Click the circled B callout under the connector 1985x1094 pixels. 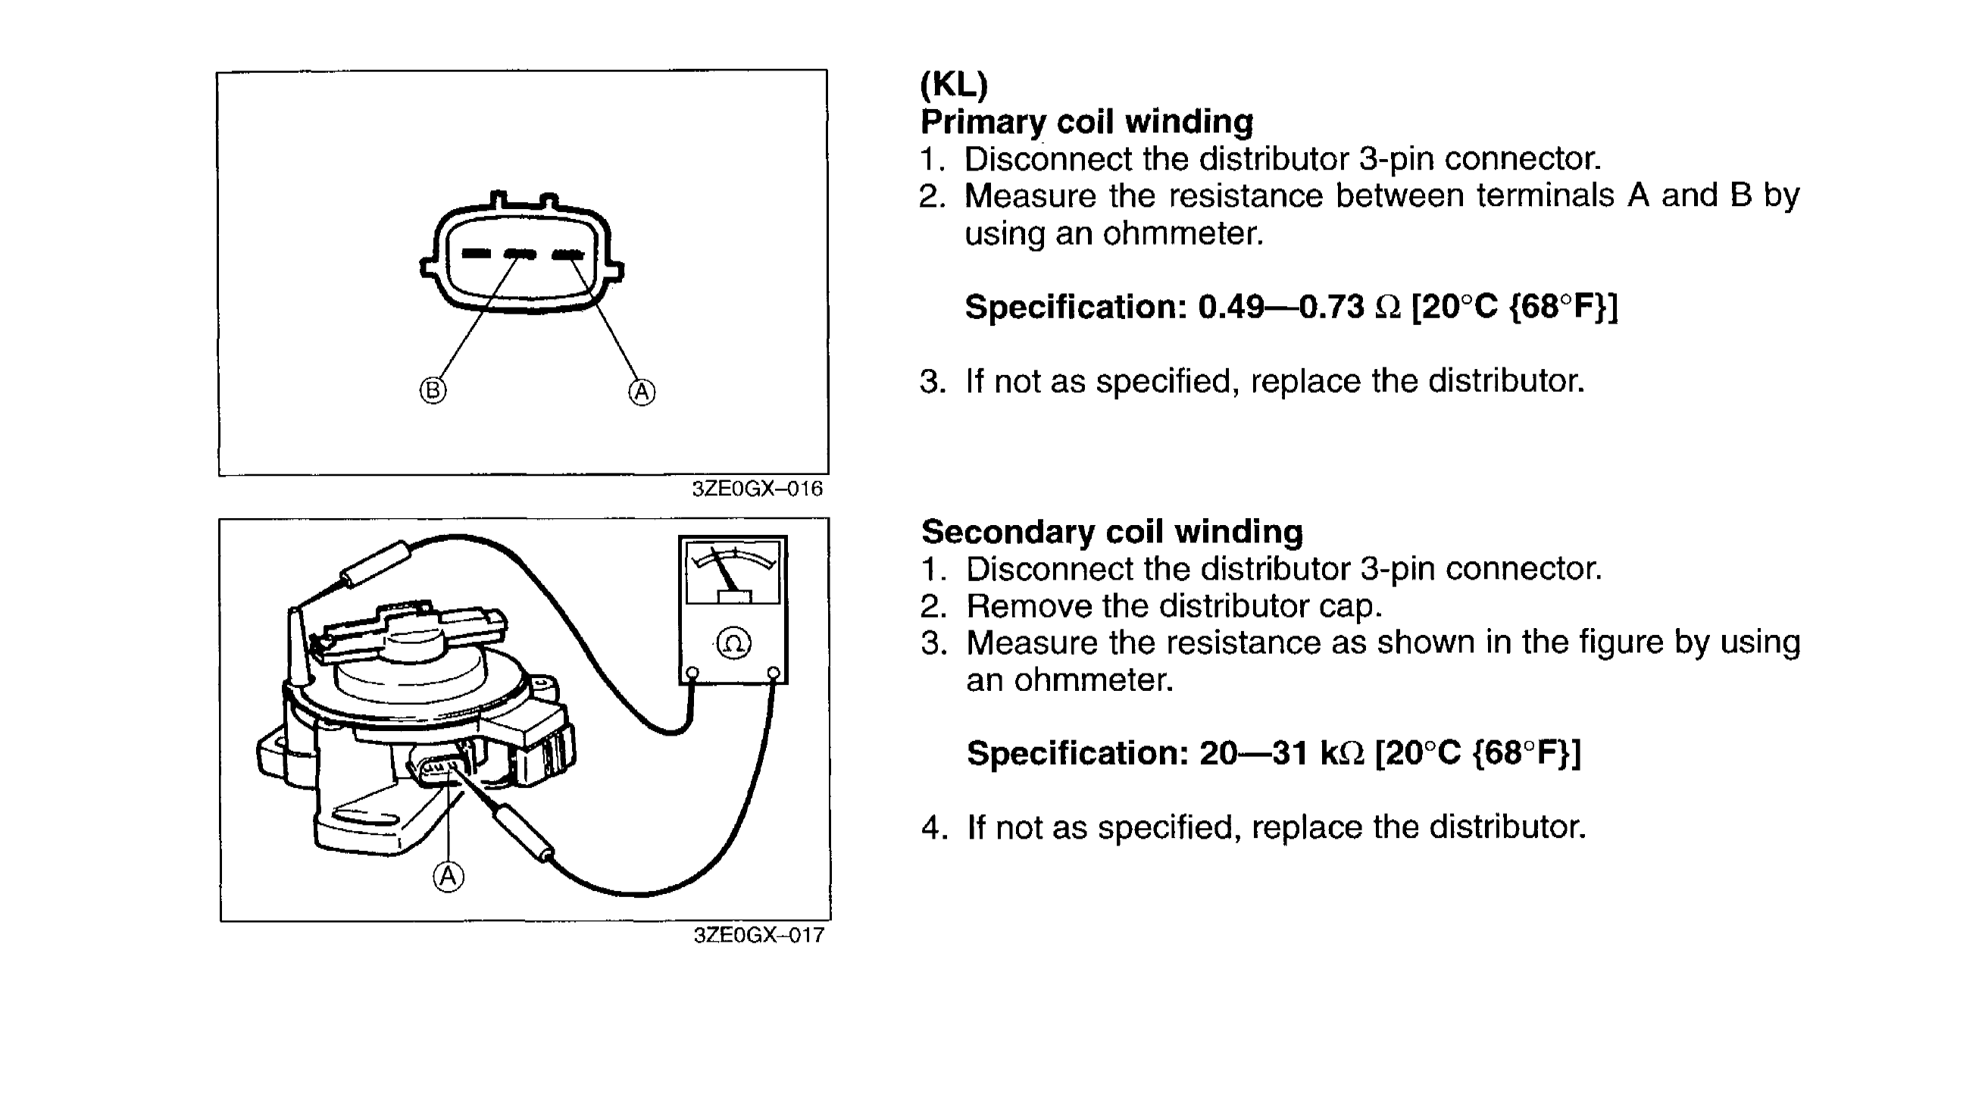tap(433, 391)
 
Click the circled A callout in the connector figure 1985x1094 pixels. tap(642, 392)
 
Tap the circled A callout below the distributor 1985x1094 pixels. tap(449, 876)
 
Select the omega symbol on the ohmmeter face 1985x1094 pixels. tap(733, 642)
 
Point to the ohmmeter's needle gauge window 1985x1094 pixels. tap(733, 573)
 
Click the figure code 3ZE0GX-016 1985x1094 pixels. tap(757, 489)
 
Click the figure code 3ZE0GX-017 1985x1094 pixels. tap(758, 936)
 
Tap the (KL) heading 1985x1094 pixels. tap(953, 85)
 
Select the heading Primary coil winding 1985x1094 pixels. tap(1086, 122)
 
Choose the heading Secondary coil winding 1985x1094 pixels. tap(1112, 532)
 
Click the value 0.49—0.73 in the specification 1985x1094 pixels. tap(1280, 307)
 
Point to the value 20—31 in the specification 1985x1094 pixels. tap(1253, 753)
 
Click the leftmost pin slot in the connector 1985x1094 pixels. tap(476, 254)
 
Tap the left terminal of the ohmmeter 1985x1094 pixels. tap(692, 674)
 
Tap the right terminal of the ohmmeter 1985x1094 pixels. tap(774, 674)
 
